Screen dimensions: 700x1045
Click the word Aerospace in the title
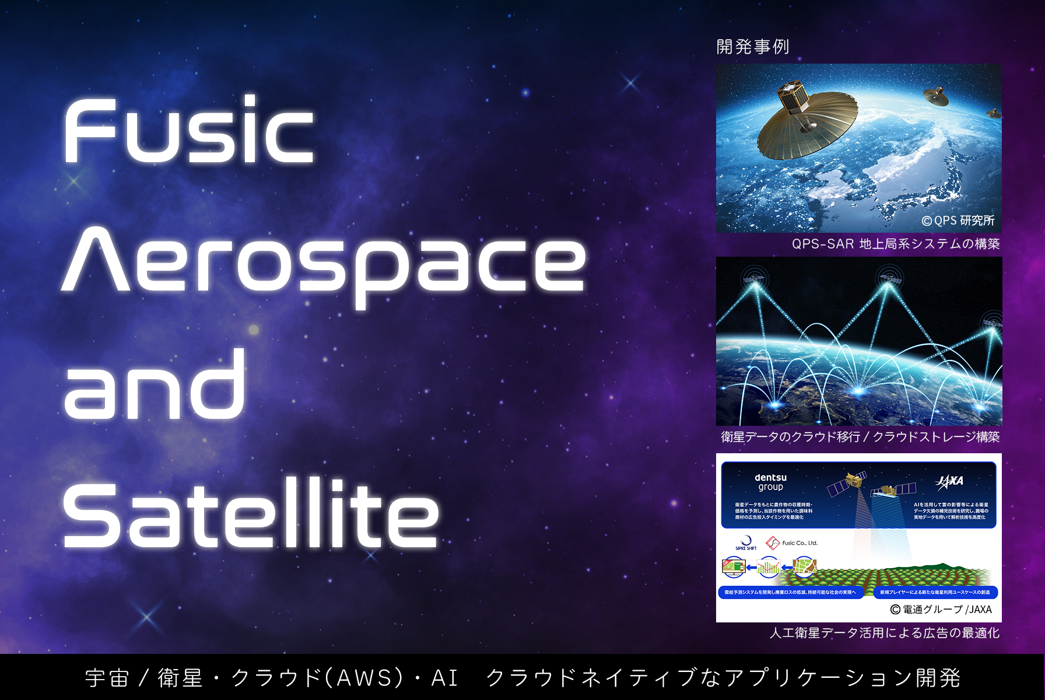click(x=324, y=260)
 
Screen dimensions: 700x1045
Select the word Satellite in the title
click(x=251, y=513)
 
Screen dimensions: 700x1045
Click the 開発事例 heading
click(x=752, y=47)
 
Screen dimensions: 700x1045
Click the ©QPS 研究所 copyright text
click(x=958, y=220)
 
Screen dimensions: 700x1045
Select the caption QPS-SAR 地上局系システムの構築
click(x=895, y=244)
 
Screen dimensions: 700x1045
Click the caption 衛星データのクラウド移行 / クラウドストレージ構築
click(x=860, y=437)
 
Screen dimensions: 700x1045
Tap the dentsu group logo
click(x=770, y=482)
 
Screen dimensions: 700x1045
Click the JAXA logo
click(x=950, y=481)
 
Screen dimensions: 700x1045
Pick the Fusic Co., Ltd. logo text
click(x=799, y=543)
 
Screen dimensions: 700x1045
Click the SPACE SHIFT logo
click(x=746, y=543)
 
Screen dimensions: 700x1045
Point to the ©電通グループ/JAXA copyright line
click(x=941, y=610)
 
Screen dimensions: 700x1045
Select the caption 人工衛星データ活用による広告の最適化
click(x=884, y=633)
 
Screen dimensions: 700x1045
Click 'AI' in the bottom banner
click(x=444, y=678)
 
